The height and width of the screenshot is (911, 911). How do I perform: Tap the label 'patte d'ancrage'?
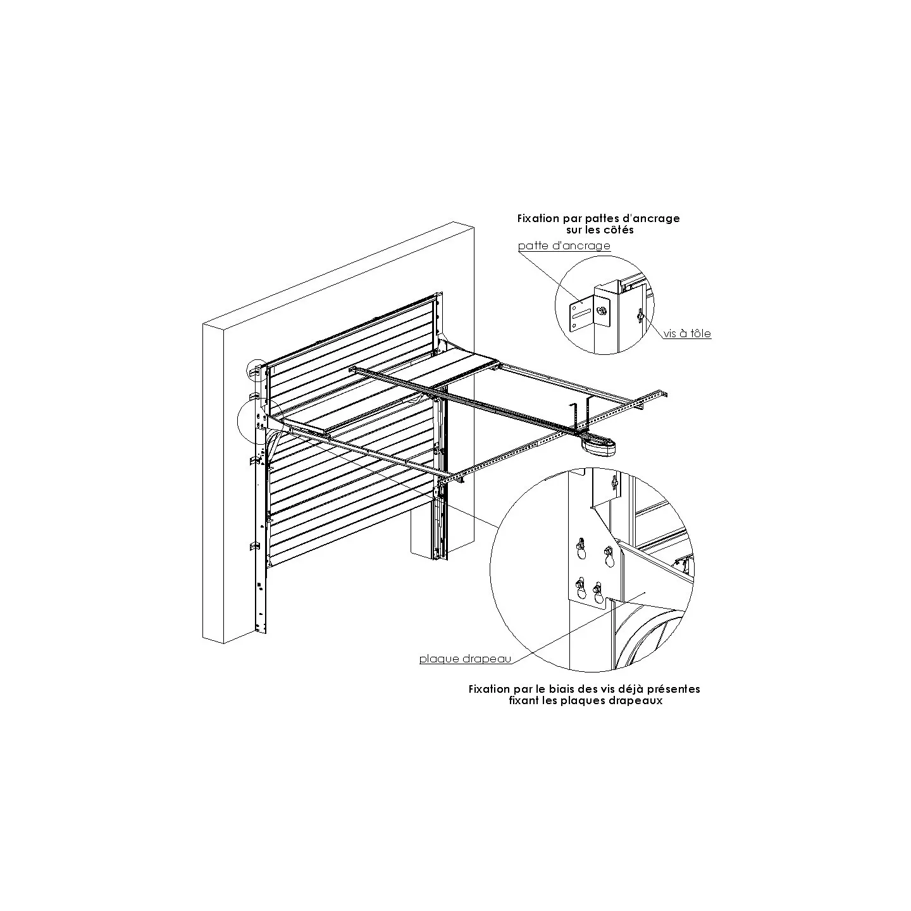click(564, 246)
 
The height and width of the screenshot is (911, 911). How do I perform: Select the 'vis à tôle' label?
click(687, 334)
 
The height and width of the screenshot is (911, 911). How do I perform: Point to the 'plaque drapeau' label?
click(465, 659)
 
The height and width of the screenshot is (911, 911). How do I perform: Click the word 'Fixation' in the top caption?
click(538, 218)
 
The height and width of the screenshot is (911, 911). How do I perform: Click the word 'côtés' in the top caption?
click(619, 230)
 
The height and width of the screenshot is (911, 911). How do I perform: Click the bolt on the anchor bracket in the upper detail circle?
click(602, 311)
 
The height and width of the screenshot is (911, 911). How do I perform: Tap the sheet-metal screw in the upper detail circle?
click(639, 316)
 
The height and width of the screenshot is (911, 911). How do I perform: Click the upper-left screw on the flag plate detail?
click(580, 545)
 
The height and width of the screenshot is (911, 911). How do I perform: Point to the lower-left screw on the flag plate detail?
click(578, 586)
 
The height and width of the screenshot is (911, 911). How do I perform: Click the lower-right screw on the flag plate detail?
click(598, 592)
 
